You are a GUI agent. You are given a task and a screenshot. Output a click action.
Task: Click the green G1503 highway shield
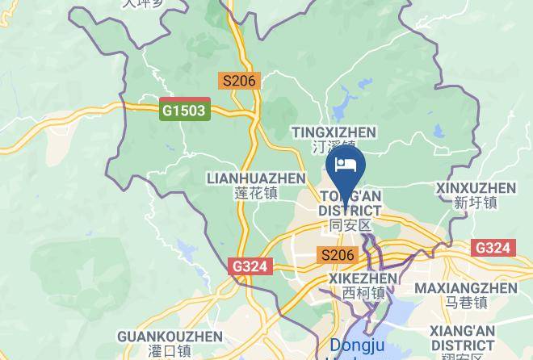pyautogui.click(x=184, y=110)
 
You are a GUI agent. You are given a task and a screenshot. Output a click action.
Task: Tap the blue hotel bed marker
pyautogui.click(x=346, y=166)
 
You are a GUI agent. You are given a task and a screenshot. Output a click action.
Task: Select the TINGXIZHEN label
pyautogui.click(x=334, y=132)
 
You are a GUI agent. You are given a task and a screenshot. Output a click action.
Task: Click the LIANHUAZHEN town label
pyautogui.click(x=256, y=178)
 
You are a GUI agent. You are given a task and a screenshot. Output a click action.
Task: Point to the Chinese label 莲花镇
pyautogui.click(x=256, y=194)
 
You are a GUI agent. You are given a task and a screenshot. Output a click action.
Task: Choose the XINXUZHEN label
pyautogui.click(x=476, y=188)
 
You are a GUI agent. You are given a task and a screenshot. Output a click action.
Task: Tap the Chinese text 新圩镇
pyautogui.click(x=476, y=203)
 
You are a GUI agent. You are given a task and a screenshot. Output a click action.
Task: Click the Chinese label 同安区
pyautogui.click(x=350, y=225)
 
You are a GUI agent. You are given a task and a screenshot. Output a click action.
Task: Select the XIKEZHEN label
pyautogui.click(x=363, y=278)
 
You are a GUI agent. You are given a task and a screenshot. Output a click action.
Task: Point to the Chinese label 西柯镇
pyautogui.click(x=363, y=293)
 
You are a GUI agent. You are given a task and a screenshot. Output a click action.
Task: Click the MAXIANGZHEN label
pyautogui.click(x=466, y=288)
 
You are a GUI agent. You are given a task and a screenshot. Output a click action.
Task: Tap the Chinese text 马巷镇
pyautogui.click(x=466, y=303)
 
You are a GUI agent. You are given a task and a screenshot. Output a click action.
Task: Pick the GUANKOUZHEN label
pyautogui.click(x=170, y=336)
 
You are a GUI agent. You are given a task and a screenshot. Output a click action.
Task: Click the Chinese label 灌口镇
pyautogui.click(x=170, y=351)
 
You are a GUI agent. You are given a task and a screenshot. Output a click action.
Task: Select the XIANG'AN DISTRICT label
pyautogui.click(x=462, y=337)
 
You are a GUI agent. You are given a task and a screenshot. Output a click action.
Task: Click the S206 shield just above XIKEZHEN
pyautogui.click(x=338, y=255)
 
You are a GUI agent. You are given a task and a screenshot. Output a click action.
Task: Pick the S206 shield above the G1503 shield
pyautogui.click(x=239, y=81)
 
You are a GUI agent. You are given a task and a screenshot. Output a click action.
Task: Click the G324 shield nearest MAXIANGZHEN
pyautogui.click(x=493, y=248)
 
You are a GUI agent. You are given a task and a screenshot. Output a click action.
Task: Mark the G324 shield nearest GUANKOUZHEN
pyautogui.click(x=251, y=266)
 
